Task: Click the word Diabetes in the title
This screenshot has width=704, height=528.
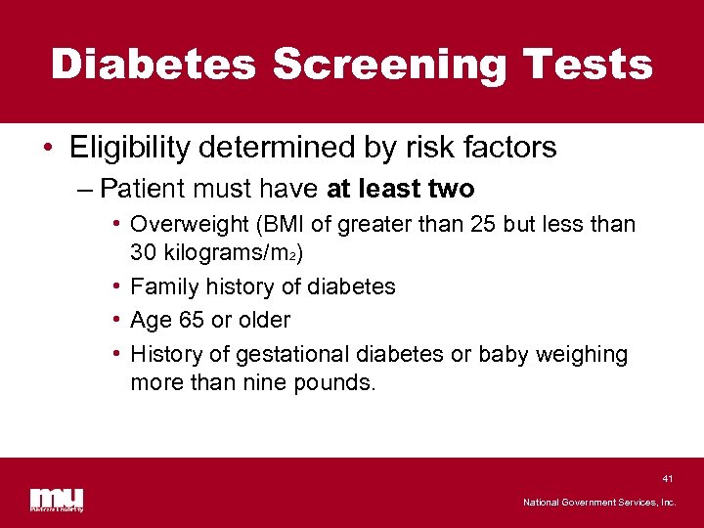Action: pos(154,66)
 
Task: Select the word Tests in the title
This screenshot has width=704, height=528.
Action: pos(588,66)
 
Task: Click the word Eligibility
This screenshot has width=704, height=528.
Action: pos(129,148)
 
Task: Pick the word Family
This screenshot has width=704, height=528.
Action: pos(162,286)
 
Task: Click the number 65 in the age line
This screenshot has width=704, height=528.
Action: pos(192,320)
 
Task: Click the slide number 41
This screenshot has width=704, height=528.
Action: pos(668,479)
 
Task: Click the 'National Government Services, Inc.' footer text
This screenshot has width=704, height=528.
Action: pos(599,503)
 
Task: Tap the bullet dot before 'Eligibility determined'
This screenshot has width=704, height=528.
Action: pos(49,149)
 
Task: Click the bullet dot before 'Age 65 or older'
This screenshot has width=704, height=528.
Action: pos(116,320)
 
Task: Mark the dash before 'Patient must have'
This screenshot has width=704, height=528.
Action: pos(85,187)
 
